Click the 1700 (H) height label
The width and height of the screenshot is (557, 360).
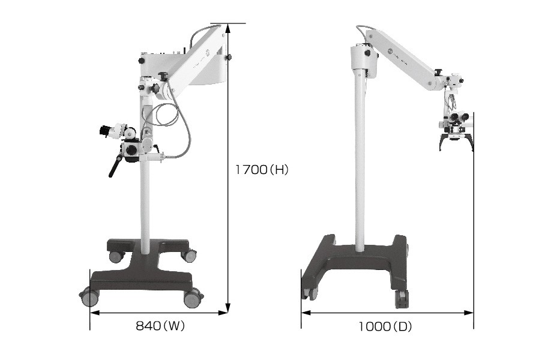tap(262, 170)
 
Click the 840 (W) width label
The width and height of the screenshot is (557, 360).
tap(160, 326)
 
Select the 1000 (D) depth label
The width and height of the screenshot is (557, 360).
tap(385, 326)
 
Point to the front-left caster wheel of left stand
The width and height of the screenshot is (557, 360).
tap(89, 297)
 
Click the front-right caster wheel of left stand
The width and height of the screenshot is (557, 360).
tap(193, 298)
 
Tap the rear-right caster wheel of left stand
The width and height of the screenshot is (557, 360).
tap(188, 254)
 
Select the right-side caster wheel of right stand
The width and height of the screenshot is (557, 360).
tap(402, 299)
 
